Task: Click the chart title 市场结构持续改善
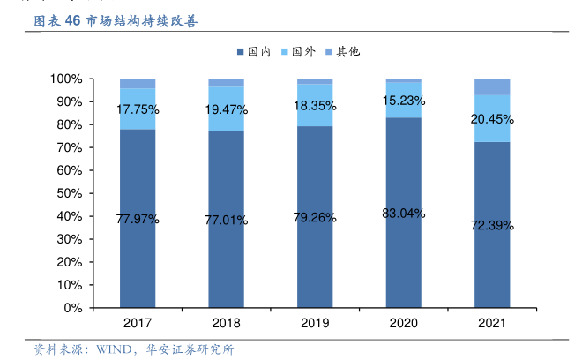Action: (142, 21)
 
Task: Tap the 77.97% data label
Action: (138, 220)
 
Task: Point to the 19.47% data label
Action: (226, 110)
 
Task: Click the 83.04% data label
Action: (404, 214)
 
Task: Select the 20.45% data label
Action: (492, 119)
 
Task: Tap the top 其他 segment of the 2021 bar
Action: (492, 86)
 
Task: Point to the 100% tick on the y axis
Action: (66, 79)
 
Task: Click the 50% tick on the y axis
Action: (69, 193)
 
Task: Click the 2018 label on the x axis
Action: (226, 324)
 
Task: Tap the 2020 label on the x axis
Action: (404, 324)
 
